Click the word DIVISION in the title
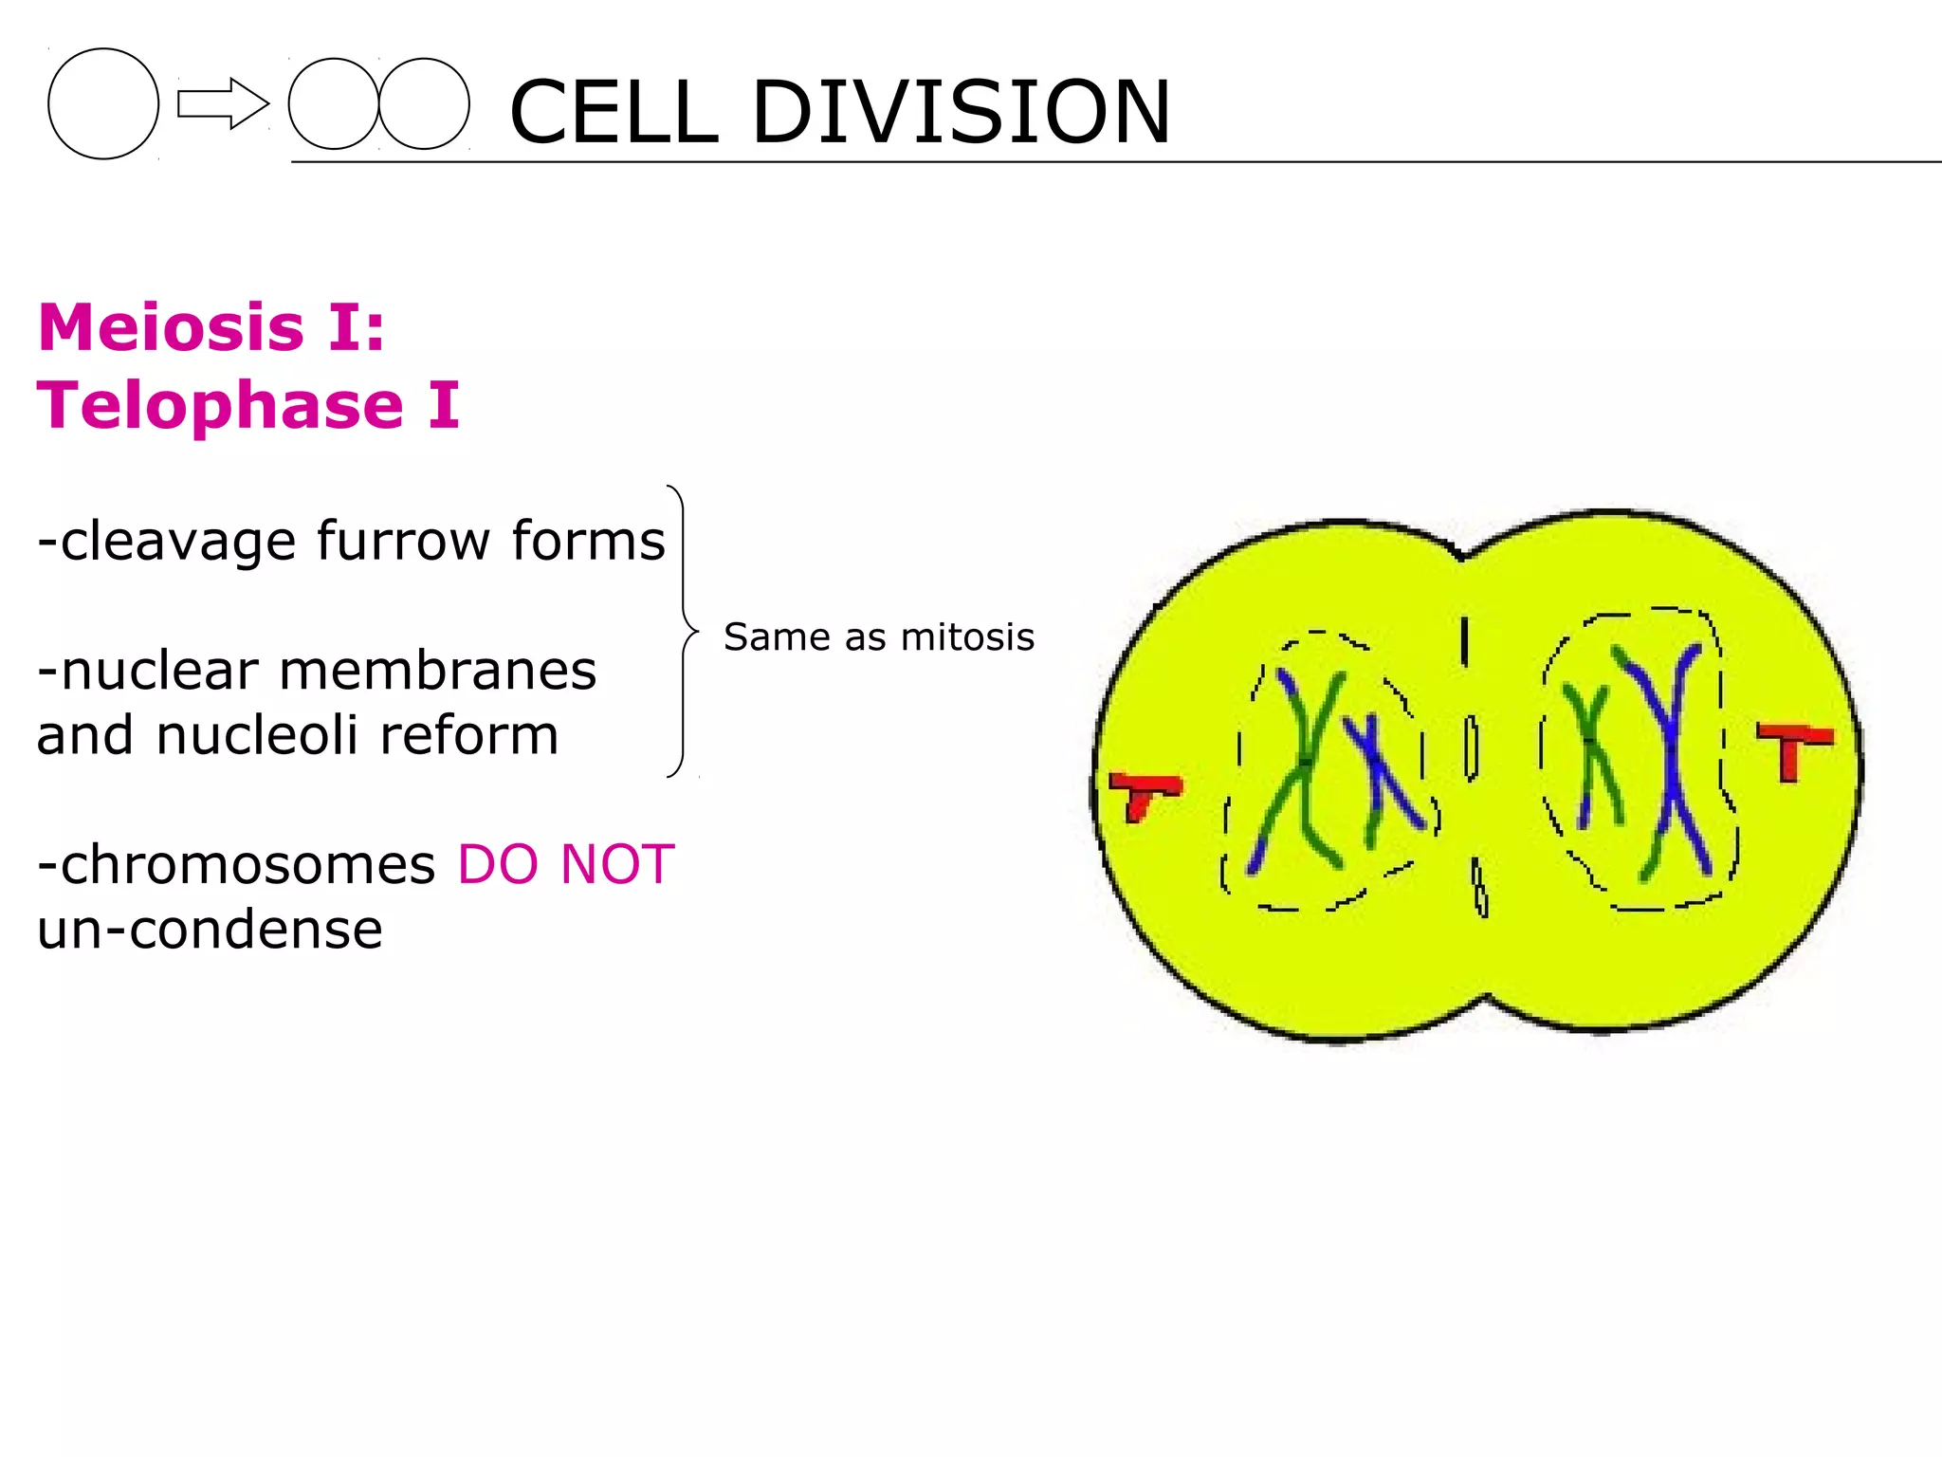[x=961, y=112]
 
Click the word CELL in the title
[x=614, y=112]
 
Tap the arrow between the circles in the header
[x=223, y=103]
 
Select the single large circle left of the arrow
[x=103, y=103]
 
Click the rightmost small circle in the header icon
[x=424, y=103]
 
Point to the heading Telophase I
[x=248, y=405]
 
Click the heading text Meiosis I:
[x=211, y=327]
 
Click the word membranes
[x=437, y=671]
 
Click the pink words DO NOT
[x=565, y=864]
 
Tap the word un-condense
[x=210, y=929]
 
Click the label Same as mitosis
[x=878, y=636]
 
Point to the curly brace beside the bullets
[x=683, y=631]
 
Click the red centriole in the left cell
[x=1145, y=791]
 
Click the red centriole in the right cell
[x=1792, y=746]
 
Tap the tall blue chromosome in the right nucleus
[x=1671, y=759]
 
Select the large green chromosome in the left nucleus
[x=1304, y=768]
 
